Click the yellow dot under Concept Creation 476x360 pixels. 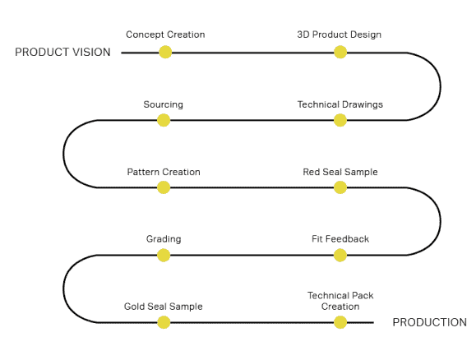165,52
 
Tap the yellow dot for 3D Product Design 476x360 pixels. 340,52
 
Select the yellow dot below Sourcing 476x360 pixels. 164,120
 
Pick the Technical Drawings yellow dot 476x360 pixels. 340,120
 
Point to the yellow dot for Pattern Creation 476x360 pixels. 164,187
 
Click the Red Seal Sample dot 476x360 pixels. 340,187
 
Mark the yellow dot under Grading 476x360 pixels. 164,255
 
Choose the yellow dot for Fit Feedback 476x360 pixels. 340,255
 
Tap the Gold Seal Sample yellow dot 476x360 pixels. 164,322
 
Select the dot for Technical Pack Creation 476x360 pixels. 340,322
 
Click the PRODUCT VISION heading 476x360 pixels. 62,53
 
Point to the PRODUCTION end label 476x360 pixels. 430,322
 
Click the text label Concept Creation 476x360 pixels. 165,35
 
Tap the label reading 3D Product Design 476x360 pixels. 339,35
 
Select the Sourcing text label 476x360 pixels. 164,104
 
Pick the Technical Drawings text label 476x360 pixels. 340,104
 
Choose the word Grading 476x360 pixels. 164,239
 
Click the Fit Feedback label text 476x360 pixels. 340,239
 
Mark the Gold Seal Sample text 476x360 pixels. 164,307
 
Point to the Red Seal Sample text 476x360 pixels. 340,172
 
